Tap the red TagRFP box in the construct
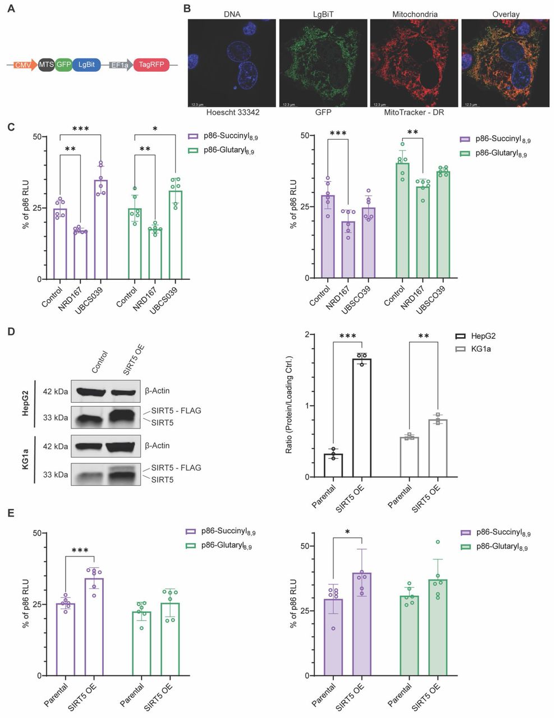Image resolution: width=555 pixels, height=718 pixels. tap(152, 65)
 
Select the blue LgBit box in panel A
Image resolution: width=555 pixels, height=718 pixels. tap(86, 65)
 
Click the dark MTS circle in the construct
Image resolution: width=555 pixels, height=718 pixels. tap(46, 65)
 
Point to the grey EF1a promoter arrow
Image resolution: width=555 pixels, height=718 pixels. tap(120, 65)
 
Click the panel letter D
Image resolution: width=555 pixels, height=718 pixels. tap(11, 332)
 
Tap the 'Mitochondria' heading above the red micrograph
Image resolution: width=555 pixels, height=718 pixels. tap(414, 14)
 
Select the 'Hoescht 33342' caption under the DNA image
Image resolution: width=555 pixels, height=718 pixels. tap(233, 112)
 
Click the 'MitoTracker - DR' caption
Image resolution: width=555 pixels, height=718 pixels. tap(414, 112)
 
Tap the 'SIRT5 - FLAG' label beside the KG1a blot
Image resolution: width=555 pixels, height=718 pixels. tap(176, 467)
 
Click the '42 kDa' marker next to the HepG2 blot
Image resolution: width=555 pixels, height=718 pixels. tap(56, 391)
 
